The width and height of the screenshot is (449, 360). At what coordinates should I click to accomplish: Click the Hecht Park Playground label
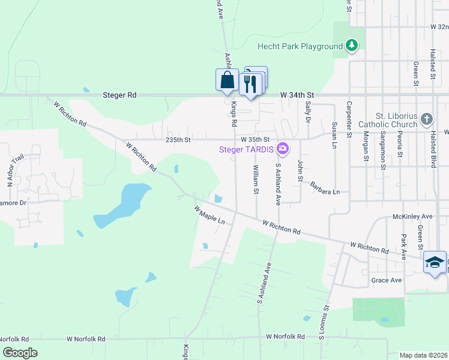click(300, 46)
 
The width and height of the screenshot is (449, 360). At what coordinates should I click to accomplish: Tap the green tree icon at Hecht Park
click(352, 46)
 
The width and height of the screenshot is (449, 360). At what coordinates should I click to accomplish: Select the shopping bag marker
click(227, 80)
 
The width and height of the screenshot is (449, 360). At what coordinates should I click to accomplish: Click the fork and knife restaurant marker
click(251, 83)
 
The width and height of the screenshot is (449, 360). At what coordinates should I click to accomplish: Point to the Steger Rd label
click(119, 95)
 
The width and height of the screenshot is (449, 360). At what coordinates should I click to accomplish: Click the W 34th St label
click(297, 95)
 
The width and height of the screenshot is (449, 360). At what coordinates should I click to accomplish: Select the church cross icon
click(426, 118)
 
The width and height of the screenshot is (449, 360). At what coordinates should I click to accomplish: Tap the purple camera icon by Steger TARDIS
click(282, 148)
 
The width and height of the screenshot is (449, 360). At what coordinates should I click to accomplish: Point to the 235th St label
click(178, 140)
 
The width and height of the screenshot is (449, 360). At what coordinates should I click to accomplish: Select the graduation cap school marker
click(435, 262)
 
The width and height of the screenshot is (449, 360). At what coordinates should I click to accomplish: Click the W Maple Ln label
click(209, 215)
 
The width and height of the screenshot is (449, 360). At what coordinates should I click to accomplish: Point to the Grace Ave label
click(387, 280)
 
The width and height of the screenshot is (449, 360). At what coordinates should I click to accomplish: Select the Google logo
click(20, 353)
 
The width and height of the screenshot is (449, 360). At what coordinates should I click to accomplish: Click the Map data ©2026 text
click(423, 355)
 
